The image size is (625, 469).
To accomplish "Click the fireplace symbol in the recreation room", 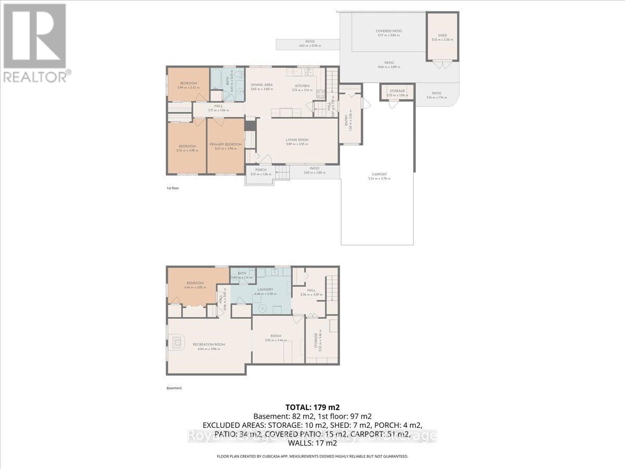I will click(178, 342).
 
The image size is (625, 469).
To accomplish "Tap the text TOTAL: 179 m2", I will click(312, 407).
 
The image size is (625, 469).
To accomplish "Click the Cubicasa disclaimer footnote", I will click(312, 456).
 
